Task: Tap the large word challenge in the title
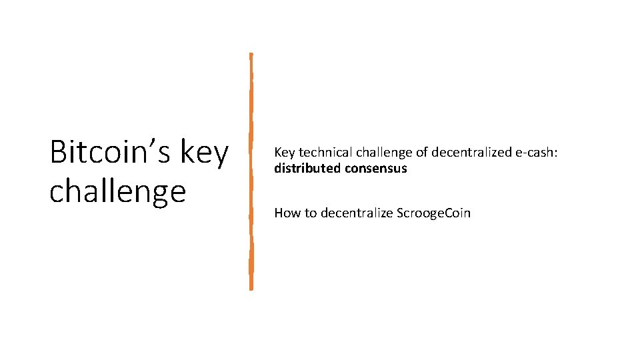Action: [117, 191]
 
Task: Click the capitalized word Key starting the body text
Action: [285, 153]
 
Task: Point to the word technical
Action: [325, 153]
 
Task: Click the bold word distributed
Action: [307, 168]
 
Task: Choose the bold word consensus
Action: [375, 168]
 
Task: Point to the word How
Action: [287, 213]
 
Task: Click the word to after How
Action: [311, 213]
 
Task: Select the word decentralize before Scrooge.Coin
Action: [357, 213]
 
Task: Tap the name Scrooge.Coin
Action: [434, 213]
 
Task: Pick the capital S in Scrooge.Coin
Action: [400, 213]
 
